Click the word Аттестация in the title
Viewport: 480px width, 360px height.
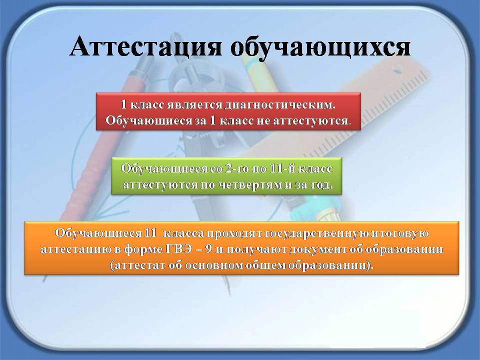click(x=145, y=46)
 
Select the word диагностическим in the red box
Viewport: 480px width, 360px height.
click(x=280, y=105)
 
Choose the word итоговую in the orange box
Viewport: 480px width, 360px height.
click(x=399, y=233)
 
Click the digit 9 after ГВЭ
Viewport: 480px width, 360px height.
click(x=208, y=249)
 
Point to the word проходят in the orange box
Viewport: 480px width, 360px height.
click(x=233, y=233)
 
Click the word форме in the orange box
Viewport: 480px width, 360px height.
click(x=143, y=249)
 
